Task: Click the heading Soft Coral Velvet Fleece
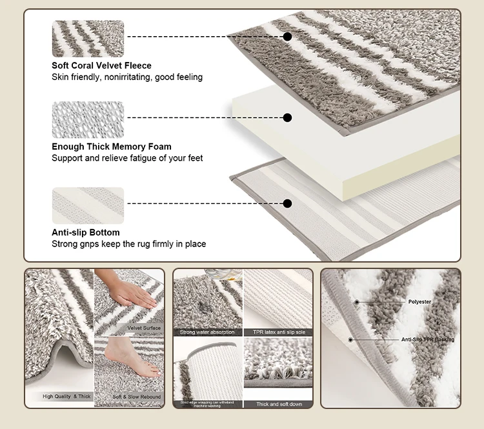[x=101, y=65]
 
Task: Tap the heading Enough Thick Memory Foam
[x=112, y=146]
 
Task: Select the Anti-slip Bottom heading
[x=86, y=232]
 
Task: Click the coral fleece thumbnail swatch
[x=88, y=39]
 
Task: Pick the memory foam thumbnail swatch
[x=88, y=120]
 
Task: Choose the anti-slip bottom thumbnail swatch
[x=88, y=205]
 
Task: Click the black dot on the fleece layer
[x=288, y=37]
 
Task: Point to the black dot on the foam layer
[x=288, y=117]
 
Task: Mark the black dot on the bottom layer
[x=288, y=203]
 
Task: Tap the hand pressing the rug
[x=132, y=294]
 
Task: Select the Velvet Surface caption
[x=144, y=328]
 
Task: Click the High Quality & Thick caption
[x=66, y=397]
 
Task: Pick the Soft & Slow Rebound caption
[x=136, y=397]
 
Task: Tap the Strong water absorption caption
[x=208, y=332]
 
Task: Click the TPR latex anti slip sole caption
[x=278, y=332]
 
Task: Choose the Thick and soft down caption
[x=278, y=404]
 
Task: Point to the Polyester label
[x=419, y=301]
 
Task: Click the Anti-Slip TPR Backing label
[x=427, y=339]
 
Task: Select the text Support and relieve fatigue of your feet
[x=127, y=158]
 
